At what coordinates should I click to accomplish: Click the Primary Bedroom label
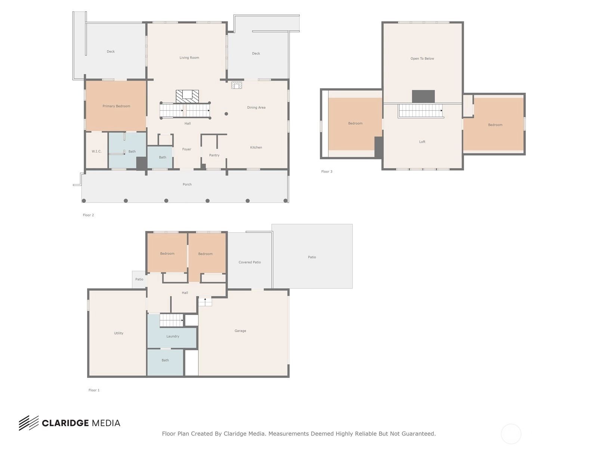point(116,106)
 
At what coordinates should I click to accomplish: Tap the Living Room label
point(189,58)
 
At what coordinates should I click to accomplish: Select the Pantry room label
point(214,155)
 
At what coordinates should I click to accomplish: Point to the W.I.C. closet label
point(96,151)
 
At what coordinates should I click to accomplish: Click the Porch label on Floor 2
point(187,184)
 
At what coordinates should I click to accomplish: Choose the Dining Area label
point(256,107)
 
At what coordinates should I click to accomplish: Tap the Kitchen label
point(256,147)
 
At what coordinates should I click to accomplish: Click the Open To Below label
point(422,59)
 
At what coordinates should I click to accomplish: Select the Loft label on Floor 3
point(422,142)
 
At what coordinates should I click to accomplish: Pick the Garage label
point(240,331)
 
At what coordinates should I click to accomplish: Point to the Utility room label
point(118,333)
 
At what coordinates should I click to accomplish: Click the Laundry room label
point(173,336)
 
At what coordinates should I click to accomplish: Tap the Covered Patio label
point(250,262)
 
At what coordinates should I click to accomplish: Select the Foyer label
point(187,149)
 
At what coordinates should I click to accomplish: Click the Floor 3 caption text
point(327,171)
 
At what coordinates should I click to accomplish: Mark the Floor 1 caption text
point(94,390)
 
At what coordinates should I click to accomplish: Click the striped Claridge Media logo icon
point(29,423)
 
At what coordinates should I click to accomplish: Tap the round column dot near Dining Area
point(226,114)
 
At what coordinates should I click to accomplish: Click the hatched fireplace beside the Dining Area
point(237,85)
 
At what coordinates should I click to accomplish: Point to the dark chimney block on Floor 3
point(423,97)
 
